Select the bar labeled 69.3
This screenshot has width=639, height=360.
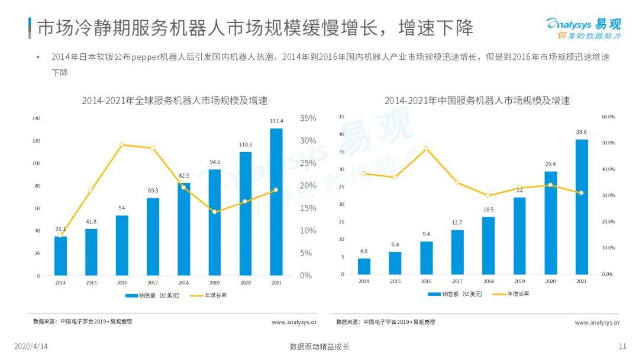(153, 236)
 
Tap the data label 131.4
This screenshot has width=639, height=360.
(276, 121)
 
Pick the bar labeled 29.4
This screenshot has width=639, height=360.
(550, 223)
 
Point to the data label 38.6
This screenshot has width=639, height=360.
(582, 132)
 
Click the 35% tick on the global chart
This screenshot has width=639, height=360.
(308, 118)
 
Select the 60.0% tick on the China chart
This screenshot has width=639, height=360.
(608, 117)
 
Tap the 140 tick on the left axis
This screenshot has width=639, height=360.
(36, 118)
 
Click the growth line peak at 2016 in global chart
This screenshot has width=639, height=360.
(121, 144)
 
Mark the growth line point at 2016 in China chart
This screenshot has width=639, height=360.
(426, 149)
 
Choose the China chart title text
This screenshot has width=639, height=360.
(477, 101)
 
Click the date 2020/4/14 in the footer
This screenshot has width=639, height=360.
(31, 346)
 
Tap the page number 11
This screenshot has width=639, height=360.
(622, 346)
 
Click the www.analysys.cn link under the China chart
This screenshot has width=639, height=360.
(596, 322)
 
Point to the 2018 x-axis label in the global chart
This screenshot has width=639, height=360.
(183, 283)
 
